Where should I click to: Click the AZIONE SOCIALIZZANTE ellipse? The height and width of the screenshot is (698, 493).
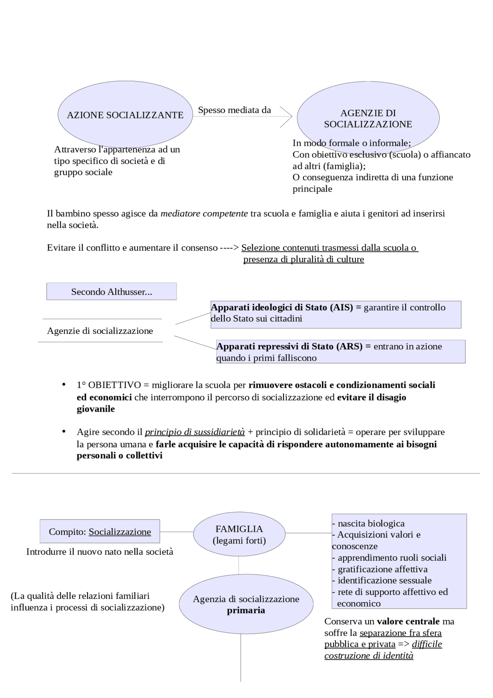(125, 115)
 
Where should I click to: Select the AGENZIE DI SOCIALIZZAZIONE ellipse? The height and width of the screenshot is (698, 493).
(368, 118)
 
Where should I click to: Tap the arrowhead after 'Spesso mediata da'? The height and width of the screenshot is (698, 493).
(287, 116)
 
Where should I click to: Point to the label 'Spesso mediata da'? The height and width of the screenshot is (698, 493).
(234, 110)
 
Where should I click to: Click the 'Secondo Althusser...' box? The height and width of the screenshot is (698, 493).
(111, 292)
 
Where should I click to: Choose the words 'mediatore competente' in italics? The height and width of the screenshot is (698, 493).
(204, 214)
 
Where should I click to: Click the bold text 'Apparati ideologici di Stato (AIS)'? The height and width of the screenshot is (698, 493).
(282, 308)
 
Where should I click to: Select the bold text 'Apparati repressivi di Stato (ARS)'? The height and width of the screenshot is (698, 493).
(289, 346)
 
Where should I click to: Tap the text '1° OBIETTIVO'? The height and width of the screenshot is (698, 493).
(109, 385)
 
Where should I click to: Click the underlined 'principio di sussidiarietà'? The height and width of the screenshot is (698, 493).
(195, 432)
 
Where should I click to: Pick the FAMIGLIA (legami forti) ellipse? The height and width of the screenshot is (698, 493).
(239, 534)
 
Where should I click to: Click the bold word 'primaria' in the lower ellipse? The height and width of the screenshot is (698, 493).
(246, 611)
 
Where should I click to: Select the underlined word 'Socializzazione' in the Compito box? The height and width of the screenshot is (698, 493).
(120, 532)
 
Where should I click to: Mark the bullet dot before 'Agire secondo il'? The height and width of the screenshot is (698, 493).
(64, 431)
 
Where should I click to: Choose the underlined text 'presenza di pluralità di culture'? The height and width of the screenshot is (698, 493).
(304, 259)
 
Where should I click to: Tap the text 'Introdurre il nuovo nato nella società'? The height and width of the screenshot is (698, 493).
(100, 552)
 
